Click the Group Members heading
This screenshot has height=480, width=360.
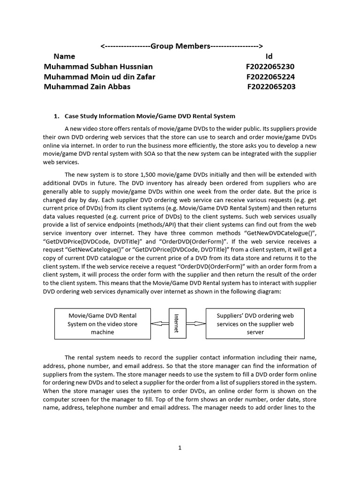pyautogui.click(x=181, y=46)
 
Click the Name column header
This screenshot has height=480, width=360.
pyautogui.click(x=64, y=56)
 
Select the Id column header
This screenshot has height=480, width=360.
pyautogui.click(x=269, y=56)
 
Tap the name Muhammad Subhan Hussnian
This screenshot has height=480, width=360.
pyautogui.click(x=98, y=67)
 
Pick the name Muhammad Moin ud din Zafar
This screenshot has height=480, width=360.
pyautogui.click(x=99, y=76)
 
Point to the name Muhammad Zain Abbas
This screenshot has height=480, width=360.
pyautogui.click(x=87, y=87)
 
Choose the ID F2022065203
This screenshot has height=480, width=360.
pyautogui.click(x=271, y=87)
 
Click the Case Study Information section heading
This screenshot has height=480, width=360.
pyautogui.click(x=150, y=116)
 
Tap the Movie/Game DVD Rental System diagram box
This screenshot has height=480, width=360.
pyautogui.click(x=103, y=323)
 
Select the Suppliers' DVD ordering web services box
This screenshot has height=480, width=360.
pyautogui.click(x=255, y=323)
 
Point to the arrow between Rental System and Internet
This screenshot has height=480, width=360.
pyautogui.click(x=160, y=323)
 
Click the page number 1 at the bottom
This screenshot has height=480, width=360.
pyautogui.click(x=180, y=448)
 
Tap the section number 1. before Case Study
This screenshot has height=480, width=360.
pyautogui.click(x=57, y=116)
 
